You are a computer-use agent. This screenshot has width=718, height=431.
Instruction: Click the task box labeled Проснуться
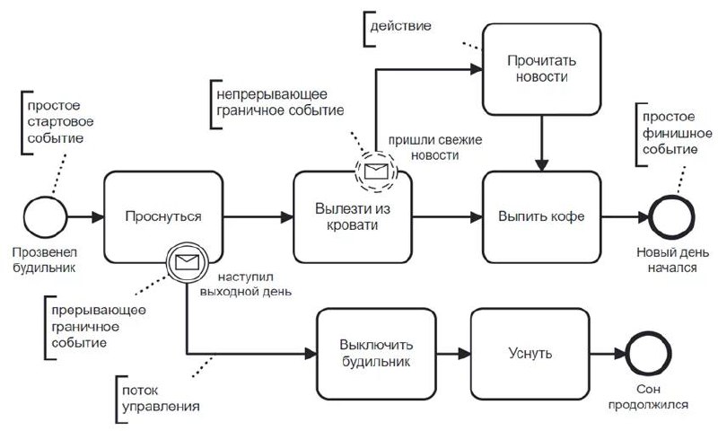pos(162,217)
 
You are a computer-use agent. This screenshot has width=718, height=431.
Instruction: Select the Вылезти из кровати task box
pos(352,217)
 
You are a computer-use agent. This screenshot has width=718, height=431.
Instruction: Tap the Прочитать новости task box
pos(541,68)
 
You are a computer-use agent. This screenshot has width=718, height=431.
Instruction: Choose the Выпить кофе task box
pos(541,217)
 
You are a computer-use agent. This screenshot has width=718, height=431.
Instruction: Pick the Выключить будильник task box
pos(375,354)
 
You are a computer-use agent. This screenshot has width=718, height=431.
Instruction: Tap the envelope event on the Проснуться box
pos(187,263)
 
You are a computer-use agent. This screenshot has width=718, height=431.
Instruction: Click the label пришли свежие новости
pos(423,149)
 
